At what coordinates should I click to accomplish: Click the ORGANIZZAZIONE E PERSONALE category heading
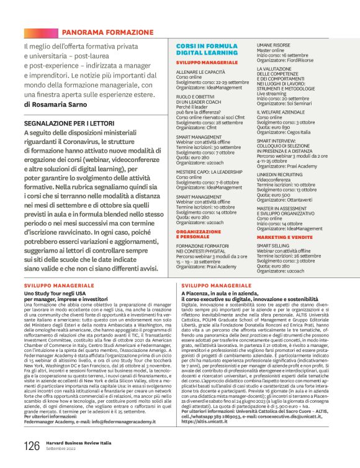point(198,234)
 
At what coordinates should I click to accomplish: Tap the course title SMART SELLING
point(274,245)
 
